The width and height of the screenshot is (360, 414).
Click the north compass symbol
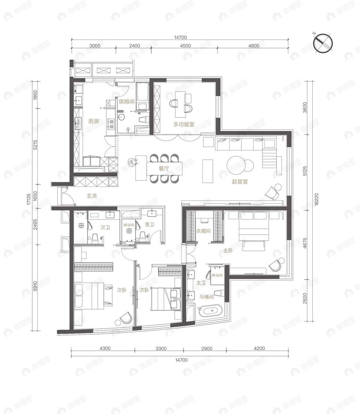coord(323,42)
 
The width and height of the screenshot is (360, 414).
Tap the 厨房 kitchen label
coord(94,121)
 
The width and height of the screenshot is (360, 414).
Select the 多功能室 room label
coord(184,124)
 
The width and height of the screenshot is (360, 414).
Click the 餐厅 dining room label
coord(164,169)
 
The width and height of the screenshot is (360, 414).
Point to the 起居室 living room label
coord(240,181)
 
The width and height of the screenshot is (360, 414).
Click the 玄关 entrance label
coord(92,196)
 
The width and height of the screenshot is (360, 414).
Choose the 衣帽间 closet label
coord(203,231)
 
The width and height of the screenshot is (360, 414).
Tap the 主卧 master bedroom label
coord(228,251)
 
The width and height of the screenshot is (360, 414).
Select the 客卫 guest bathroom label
coord(150,225)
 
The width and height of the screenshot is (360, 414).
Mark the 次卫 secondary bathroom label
coord(105,227)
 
